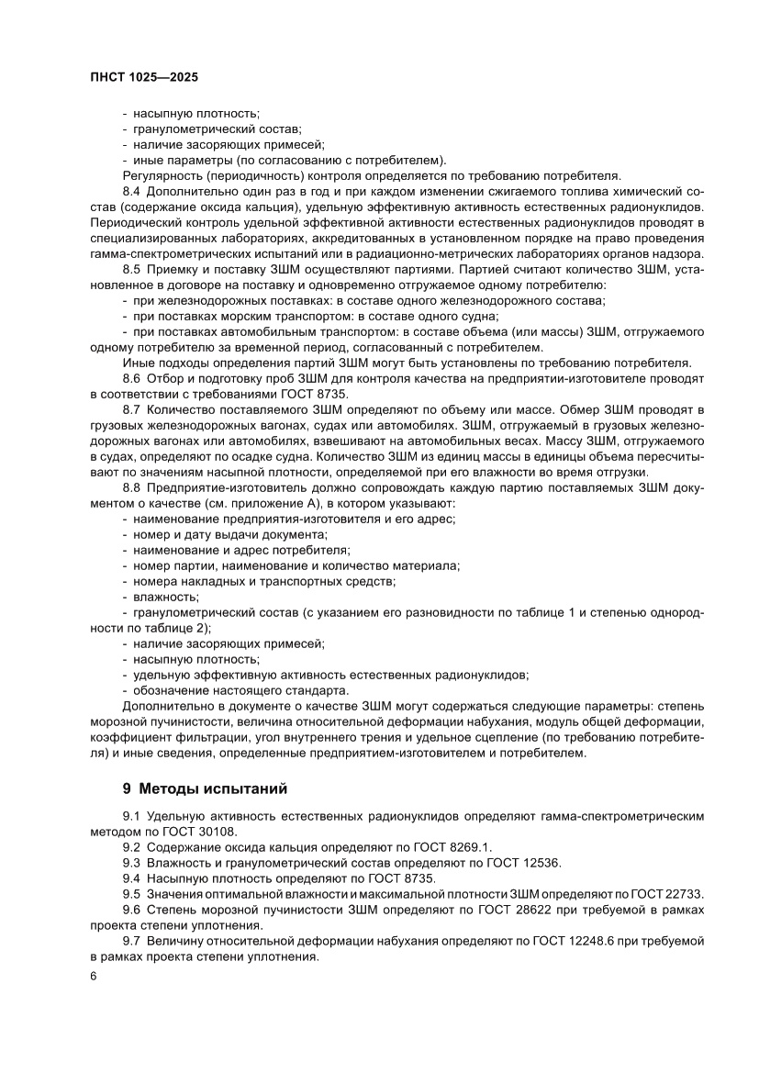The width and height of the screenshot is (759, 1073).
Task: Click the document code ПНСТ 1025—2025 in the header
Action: [x=145, y=78]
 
